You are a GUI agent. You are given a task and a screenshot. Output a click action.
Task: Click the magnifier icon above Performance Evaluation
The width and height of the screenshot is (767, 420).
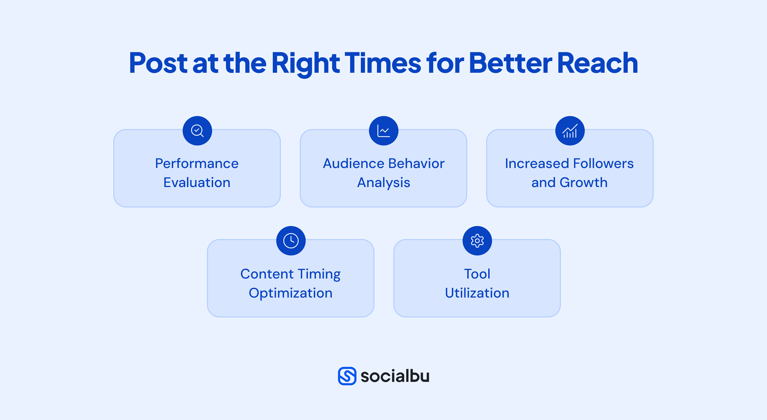tap(197, 131)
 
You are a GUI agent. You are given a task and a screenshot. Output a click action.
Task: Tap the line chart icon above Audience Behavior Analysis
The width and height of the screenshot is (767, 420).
tap(383, 131)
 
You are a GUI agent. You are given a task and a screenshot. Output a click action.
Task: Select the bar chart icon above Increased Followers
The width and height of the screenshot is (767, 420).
tap(570, 131)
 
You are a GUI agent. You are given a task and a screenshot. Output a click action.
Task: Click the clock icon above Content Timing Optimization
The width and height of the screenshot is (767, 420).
tap(291, 241)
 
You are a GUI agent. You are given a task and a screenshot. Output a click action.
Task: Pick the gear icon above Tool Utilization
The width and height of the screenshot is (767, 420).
tap(477, 241)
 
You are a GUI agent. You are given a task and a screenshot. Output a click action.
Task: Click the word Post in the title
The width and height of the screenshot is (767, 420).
tap(158, 62)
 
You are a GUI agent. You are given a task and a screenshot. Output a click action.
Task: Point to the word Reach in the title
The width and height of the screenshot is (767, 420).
tap(597, 62)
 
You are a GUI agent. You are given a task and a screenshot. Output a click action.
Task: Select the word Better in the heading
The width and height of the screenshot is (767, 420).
tap(510, 62)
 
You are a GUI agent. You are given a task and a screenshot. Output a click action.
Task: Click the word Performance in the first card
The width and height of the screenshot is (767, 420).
tap(197, 164)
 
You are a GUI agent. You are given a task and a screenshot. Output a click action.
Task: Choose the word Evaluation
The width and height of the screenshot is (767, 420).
tap(197, 182)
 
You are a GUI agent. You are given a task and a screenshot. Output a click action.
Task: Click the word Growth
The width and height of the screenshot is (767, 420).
tap(583, 182)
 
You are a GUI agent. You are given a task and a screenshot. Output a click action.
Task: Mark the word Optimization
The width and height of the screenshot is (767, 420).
tap(291, 294)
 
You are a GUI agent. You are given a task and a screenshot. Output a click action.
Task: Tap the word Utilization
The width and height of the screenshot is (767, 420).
tap(477, 293)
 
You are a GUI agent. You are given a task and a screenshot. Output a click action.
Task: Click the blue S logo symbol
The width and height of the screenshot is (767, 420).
tap(347, 376)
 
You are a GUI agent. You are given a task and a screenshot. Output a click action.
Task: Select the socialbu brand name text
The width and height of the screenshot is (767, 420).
tap(395, 376)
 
